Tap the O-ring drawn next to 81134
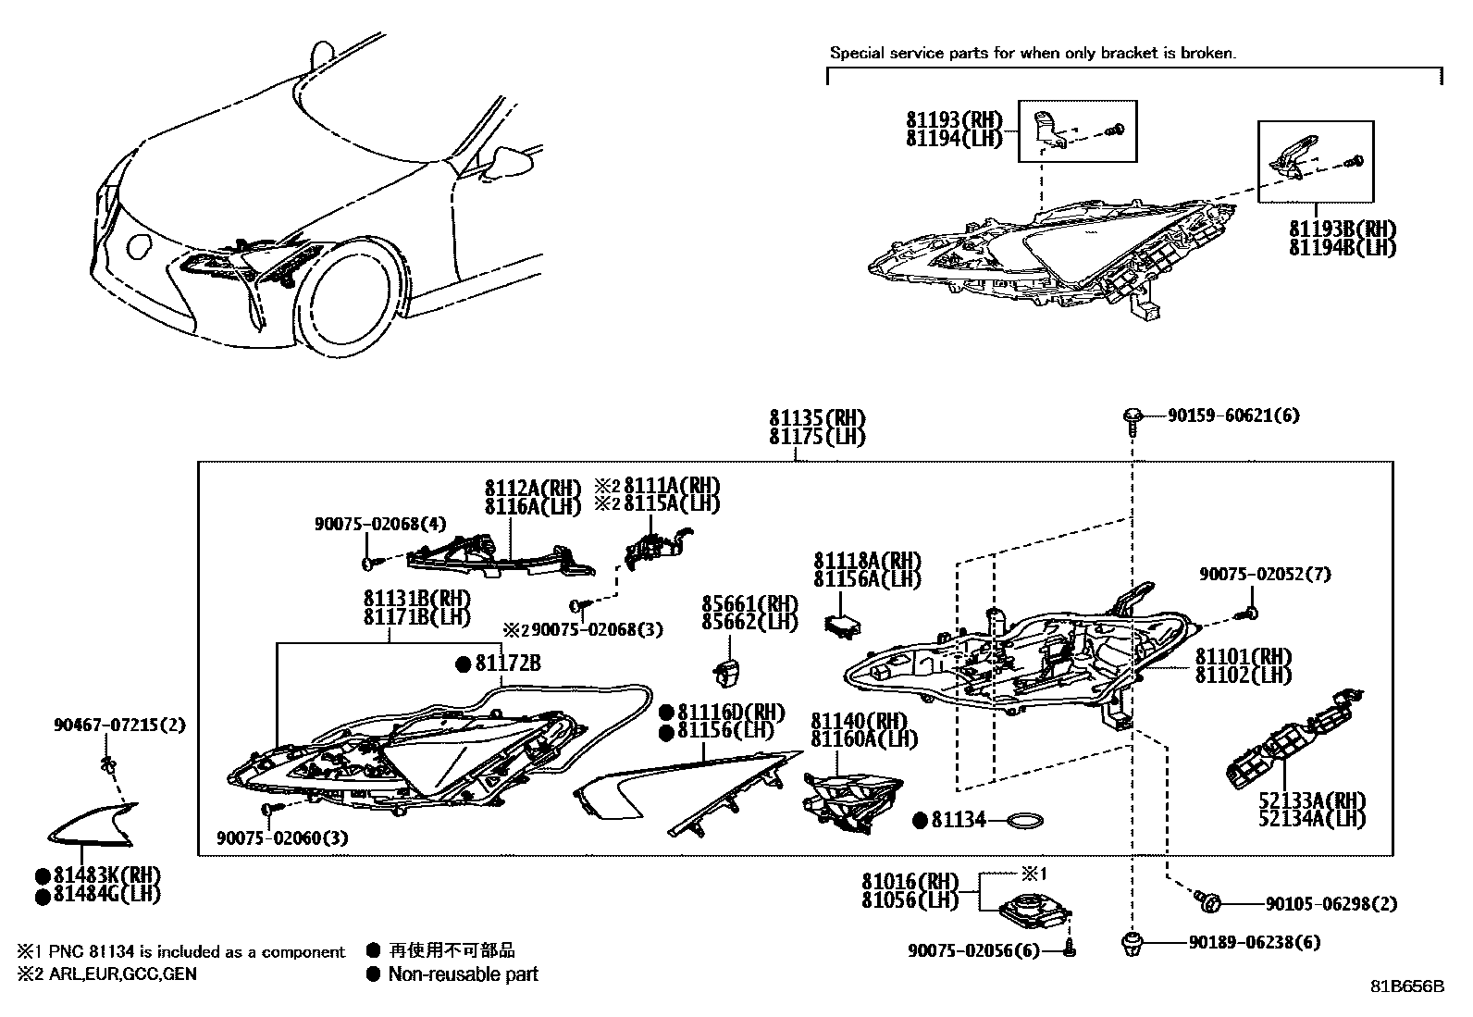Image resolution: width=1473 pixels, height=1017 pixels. click(x=1025, y=821)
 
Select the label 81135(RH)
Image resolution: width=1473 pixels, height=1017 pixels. click(x=817, y=419)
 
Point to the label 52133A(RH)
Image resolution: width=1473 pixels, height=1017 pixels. click(x=1311, y=800)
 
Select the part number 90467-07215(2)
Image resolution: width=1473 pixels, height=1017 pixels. click(x=118, y=726)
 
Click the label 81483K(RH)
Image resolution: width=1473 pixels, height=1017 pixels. click(x=107, y=875)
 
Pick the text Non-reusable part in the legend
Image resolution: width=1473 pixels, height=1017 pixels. click(x=463, y=974)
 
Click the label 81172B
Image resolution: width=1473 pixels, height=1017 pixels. click(x=508, y=664)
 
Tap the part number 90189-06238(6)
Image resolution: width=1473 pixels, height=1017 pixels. click(x=1254, y=943)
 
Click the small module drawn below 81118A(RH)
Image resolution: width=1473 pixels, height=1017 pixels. click(x=840, y=623)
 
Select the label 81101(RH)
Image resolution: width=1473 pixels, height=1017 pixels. click(x=1243, y=657)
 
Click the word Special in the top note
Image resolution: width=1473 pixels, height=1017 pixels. click(x=856, y=54)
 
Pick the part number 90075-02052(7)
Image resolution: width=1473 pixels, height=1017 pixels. click(x=1265, y=575)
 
